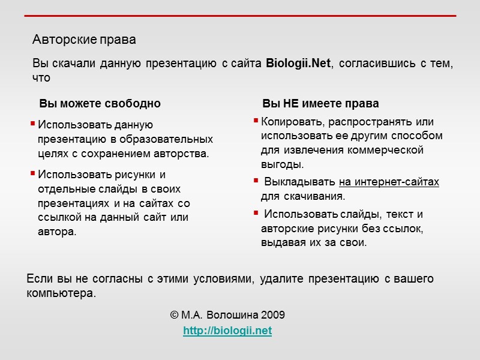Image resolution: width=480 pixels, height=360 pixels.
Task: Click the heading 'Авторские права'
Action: coord(84,40)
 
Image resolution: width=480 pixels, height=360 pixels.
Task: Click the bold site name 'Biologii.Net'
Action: coord(298,64)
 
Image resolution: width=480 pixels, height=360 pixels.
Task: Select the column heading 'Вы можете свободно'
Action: coord(100,103)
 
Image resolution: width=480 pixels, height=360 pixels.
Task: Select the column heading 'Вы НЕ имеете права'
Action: coord(320,103)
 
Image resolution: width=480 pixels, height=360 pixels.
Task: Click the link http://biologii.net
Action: coord(227,331)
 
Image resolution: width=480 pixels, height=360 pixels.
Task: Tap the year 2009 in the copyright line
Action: coord(273,316)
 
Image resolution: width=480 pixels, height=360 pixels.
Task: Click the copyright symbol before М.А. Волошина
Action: coord(174,316)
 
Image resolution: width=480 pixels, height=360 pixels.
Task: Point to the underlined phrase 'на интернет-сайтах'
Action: coord(389,182)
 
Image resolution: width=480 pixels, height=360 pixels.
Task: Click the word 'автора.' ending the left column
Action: coord(57,232)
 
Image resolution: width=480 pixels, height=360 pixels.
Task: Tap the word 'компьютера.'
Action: coord(61,294)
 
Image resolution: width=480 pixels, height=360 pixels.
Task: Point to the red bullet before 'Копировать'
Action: coord(257,121)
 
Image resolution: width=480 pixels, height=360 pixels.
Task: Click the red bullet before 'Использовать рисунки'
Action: coord(33,174)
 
